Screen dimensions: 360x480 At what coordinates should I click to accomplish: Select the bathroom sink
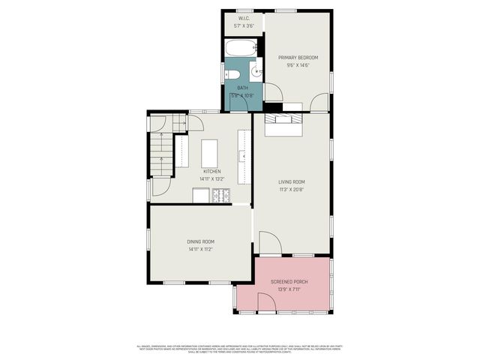coord(255,73)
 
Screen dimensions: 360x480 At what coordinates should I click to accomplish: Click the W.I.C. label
coord(244,18)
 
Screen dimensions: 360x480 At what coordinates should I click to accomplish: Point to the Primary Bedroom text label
coord(298,58)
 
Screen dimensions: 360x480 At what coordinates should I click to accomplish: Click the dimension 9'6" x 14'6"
coord(298,65)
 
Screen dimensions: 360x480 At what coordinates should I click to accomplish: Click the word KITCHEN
coord(211,172)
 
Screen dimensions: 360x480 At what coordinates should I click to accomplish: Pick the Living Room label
coord(292,181)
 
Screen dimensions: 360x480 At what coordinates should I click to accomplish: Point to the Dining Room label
coord(200,241)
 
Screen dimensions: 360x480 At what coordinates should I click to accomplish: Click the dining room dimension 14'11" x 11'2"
coord(200,249)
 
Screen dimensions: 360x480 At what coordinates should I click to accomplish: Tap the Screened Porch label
coord(289,282)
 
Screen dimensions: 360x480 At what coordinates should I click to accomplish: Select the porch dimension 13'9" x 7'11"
coord(289,289)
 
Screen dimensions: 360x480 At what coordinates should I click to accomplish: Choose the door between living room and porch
coord(270,244)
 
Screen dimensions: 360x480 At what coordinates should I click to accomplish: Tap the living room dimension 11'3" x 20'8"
coord(292,189)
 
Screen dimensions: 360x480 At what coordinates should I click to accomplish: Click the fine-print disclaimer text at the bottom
coord(240,349)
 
